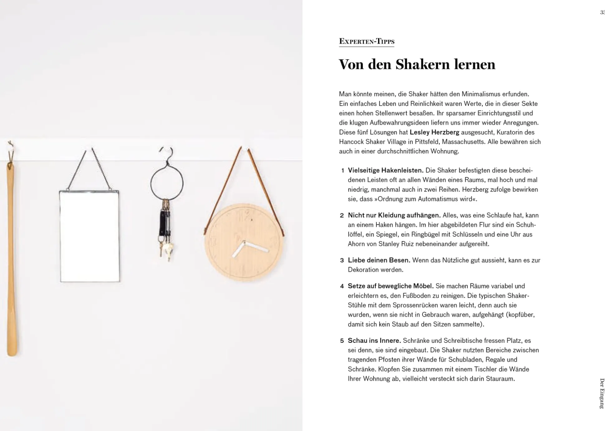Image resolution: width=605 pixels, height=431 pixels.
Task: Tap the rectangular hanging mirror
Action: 90,236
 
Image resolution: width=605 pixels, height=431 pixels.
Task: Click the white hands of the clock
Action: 249,248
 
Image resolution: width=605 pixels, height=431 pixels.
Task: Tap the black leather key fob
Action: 163,222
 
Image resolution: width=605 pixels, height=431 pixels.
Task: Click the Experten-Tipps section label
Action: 366,41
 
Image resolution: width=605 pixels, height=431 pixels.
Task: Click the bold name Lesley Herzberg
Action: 434,132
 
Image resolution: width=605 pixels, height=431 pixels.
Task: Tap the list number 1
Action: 342,171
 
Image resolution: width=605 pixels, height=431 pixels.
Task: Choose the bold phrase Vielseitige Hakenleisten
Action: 385,170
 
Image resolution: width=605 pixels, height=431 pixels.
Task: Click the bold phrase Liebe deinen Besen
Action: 379,260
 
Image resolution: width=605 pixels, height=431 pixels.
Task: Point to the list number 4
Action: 342,286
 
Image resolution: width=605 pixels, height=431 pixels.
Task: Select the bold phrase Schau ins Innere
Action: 374,341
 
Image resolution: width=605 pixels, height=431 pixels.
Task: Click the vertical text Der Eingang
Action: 602,393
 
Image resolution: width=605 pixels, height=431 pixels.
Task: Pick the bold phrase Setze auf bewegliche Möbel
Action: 390,286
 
